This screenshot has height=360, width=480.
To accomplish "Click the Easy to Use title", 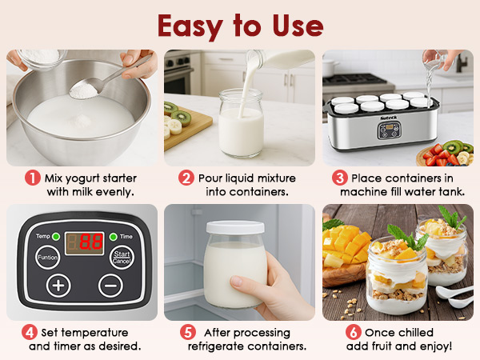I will pyautogui.click(x=240, y=25).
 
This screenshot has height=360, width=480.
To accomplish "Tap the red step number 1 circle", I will pyautogui.click(x=32, y=178).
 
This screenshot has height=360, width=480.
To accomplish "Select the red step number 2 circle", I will pyautogui.click(x=186, y=178).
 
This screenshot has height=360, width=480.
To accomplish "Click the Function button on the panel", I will pyautogui.click(x=47, y=258).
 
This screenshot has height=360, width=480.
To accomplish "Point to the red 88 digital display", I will pyautogui.click(x=84, y=241).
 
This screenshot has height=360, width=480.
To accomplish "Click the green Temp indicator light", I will pyautogui.click(x=56, y=237).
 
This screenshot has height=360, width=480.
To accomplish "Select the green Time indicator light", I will pyautogui.click(x=113, y=237).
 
